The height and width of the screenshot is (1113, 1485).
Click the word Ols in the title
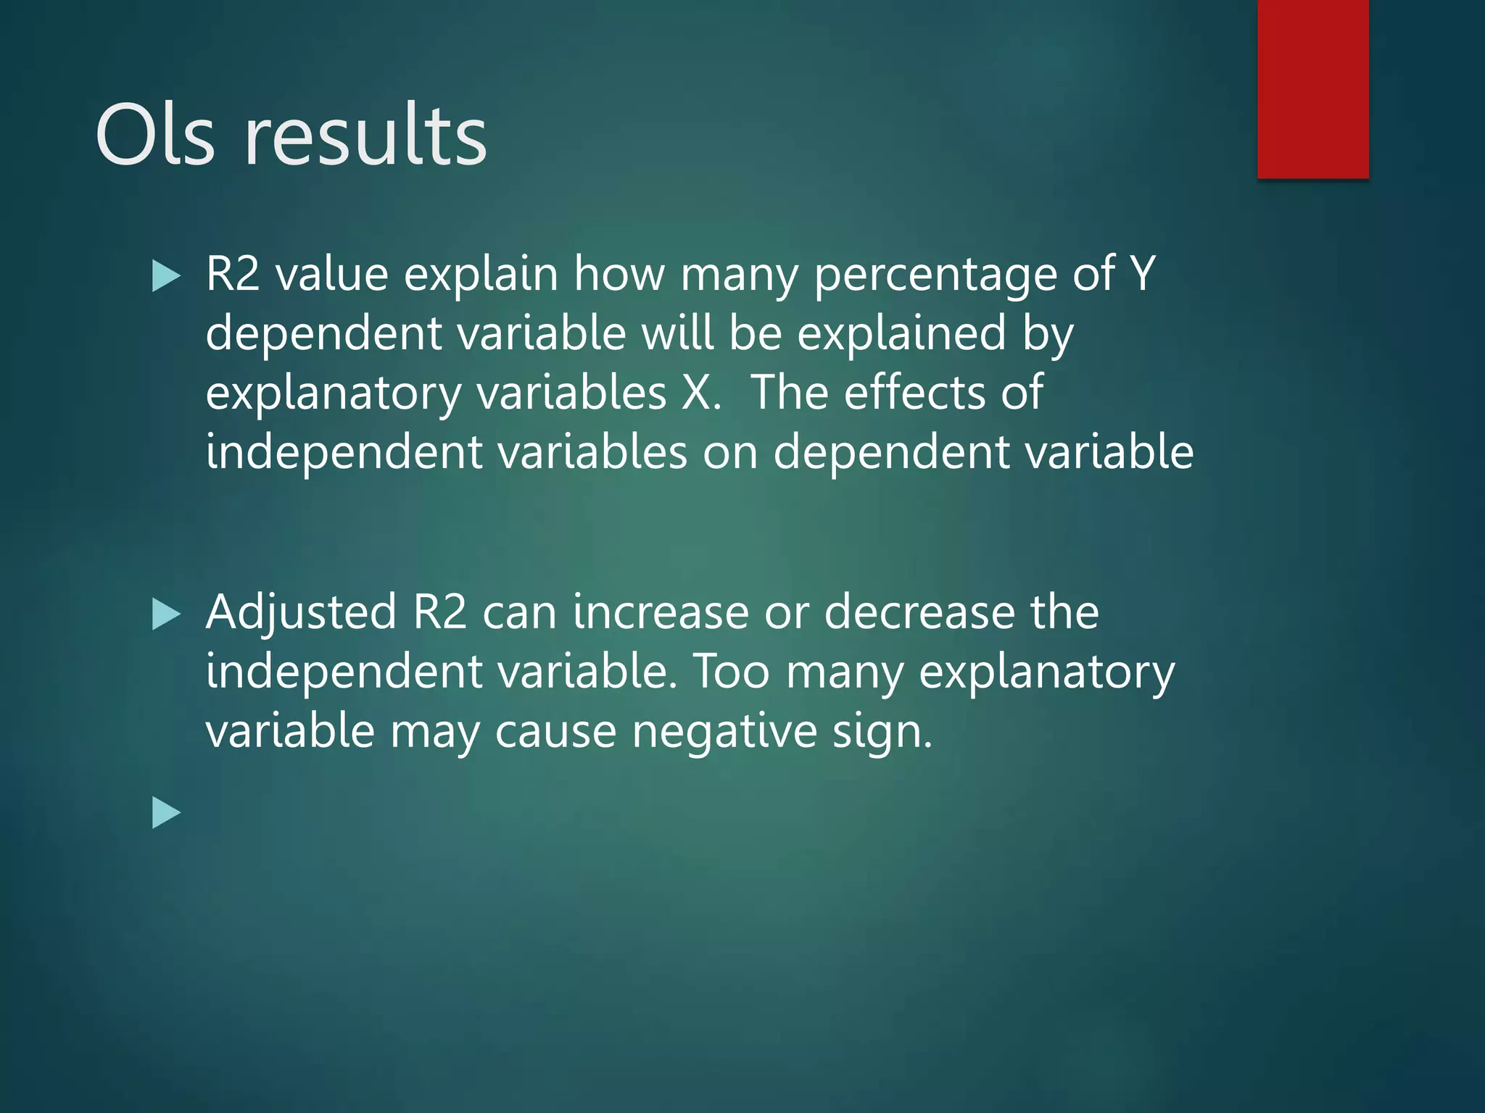(155, 136)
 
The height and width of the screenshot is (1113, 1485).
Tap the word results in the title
(366, 136)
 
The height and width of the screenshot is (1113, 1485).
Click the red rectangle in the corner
(1312, 88)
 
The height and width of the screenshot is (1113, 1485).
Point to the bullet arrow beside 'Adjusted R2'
(166, 615)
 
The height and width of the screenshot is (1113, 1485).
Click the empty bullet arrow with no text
(166, 813)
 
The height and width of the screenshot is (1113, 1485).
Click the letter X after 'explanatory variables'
(698, 393)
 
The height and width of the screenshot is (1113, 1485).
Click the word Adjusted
(301, 613)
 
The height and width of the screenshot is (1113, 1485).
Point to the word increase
(661, 613)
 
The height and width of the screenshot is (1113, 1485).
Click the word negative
(724, 732)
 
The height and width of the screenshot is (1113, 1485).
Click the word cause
(555, 732)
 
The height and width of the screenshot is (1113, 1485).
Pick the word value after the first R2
(331, 275)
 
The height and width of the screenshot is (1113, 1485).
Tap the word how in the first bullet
(619, 275)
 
